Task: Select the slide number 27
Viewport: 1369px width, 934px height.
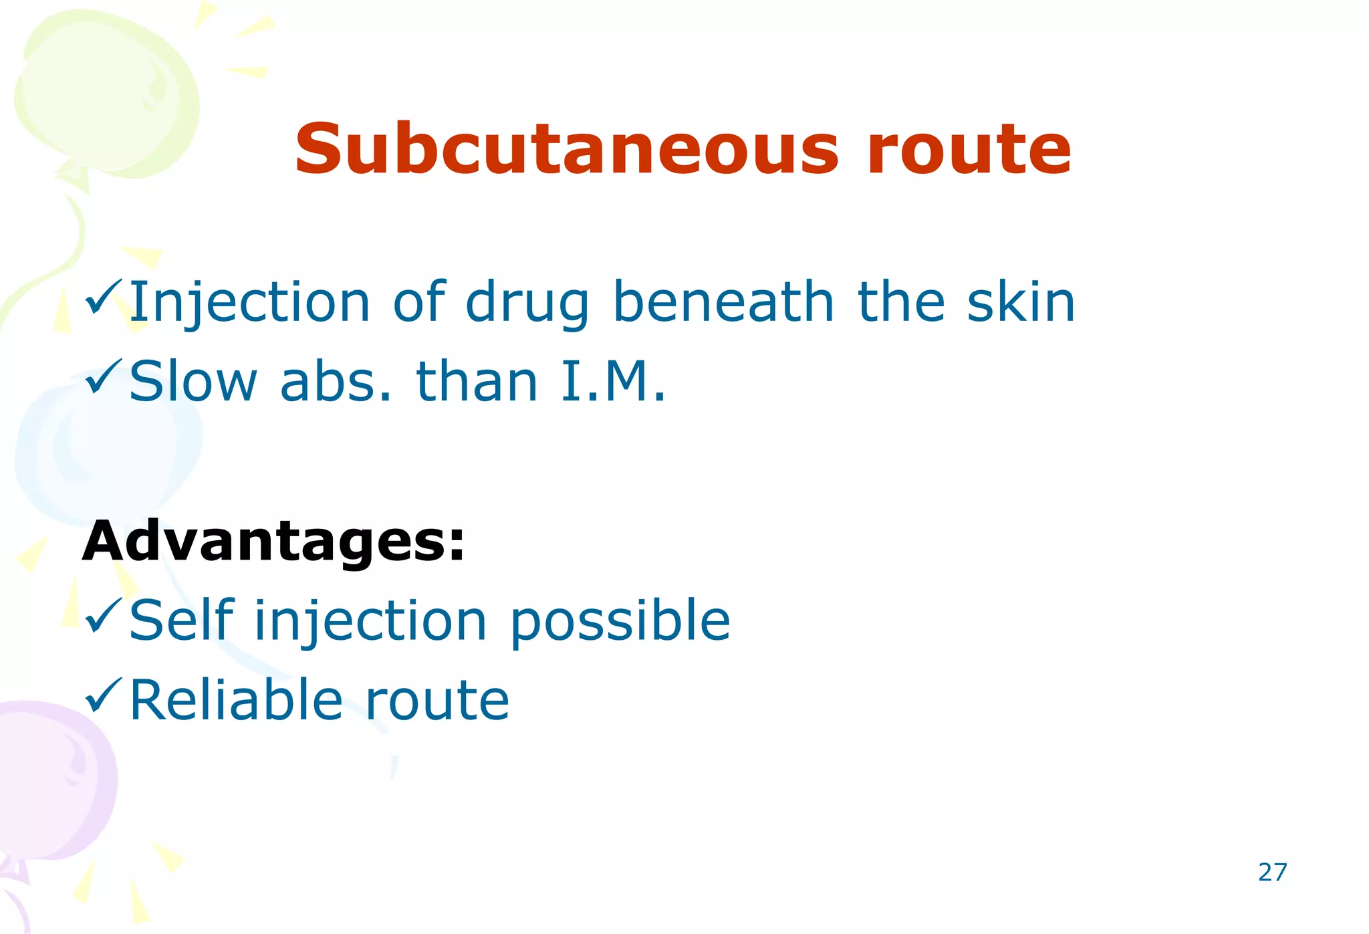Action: pos(1272,872)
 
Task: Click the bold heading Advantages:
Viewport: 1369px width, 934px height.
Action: pos(273,541)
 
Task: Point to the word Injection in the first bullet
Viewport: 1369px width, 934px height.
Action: pos(249,302)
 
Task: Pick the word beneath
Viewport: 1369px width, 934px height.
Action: pos(723,302)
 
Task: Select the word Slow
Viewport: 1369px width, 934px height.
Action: pos(193,382)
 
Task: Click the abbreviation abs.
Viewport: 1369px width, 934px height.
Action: pos(336,382)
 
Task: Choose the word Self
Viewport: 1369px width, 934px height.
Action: pos(181,620)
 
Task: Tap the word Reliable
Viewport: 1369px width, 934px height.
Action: pos(235,700)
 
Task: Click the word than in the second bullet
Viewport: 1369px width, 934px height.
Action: pos(477,382)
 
